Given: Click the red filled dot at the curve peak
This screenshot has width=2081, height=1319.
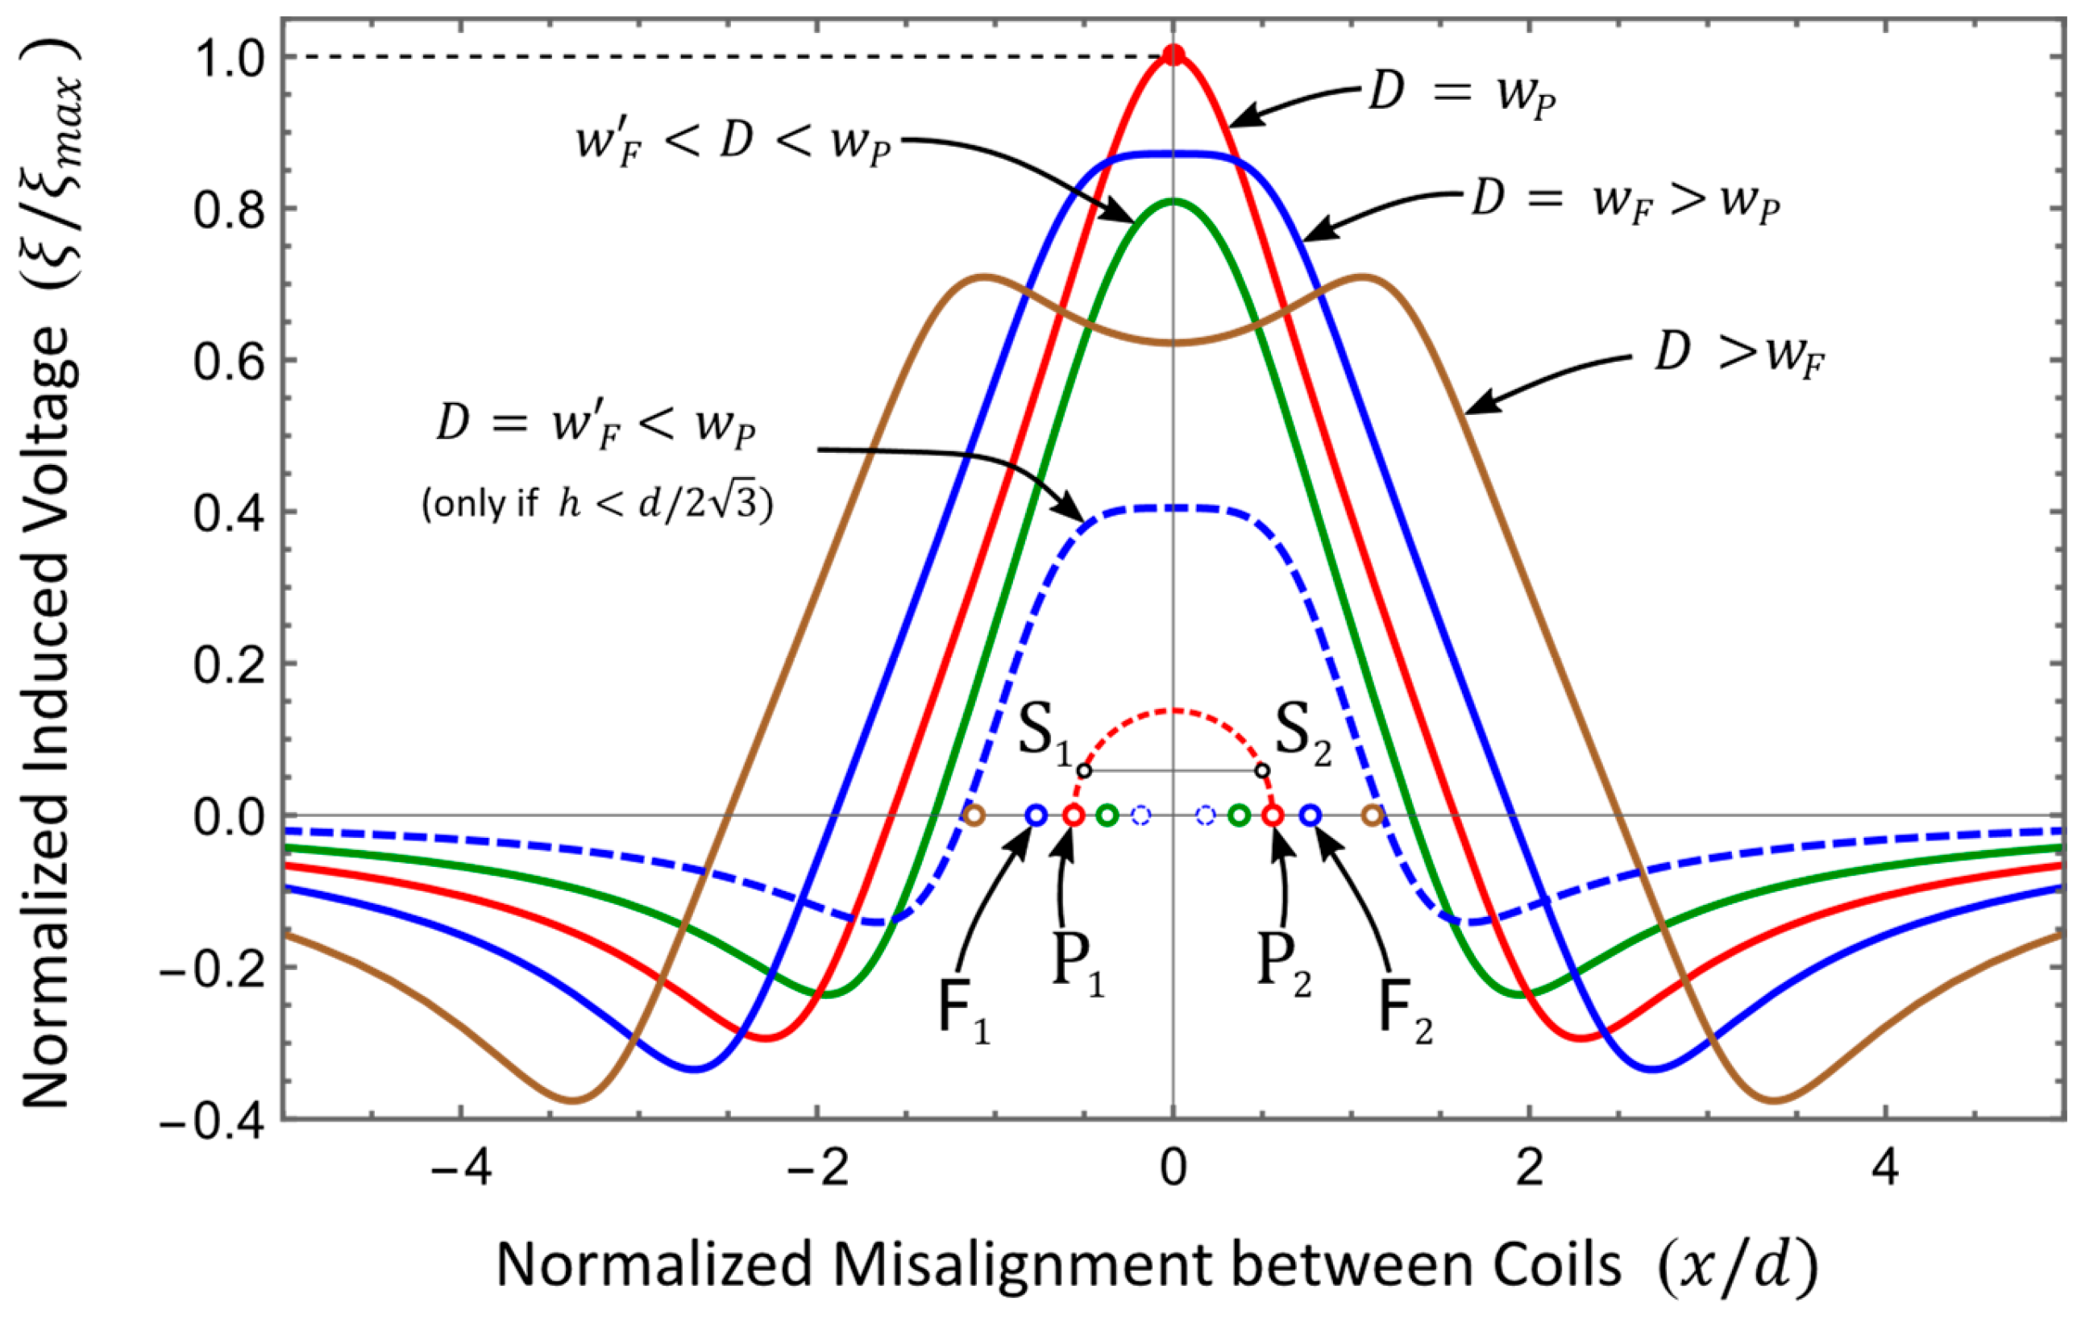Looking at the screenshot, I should point(1173,56).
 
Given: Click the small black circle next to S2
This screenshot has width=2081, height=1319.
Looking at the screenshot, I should point(1263,769).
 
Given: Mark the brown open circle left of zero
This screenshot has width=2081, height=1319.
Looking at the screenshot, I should point(974,815).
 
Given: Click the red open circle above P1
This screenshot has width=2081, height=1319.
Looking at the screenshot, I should point(1073,815).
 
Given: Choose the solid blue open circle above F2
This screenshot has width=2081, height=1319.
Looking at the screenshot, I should point(1311,815).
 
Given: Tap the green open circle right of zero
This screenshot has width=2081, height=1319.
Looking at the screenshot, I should point(1240,815).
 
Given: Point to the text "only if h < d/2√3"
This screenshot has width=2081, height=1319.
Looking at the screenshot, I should point(597,504).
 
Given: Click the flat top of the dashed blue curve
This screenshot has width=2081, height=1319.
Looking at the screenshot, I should point(1173,508).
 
